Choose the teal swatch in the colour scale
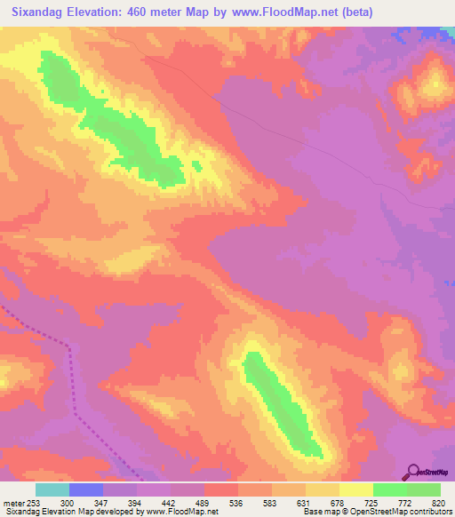[x=52, y=489]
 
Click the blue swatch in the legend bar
[x=86, y=489]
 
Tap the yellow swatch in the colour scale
[x=355, y=489]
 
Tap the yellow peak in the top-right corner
[x=435, y=84]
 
